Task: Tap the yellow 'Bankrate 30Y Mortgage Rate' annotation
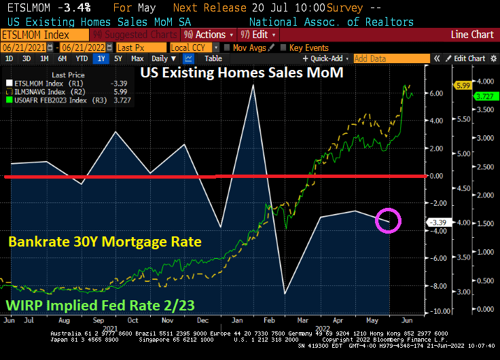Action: click(x=105, y=241)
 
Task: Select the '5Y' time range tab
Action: click(x=118, y=58)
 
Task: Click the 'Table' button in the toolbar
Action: click(x=213, y=58)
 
